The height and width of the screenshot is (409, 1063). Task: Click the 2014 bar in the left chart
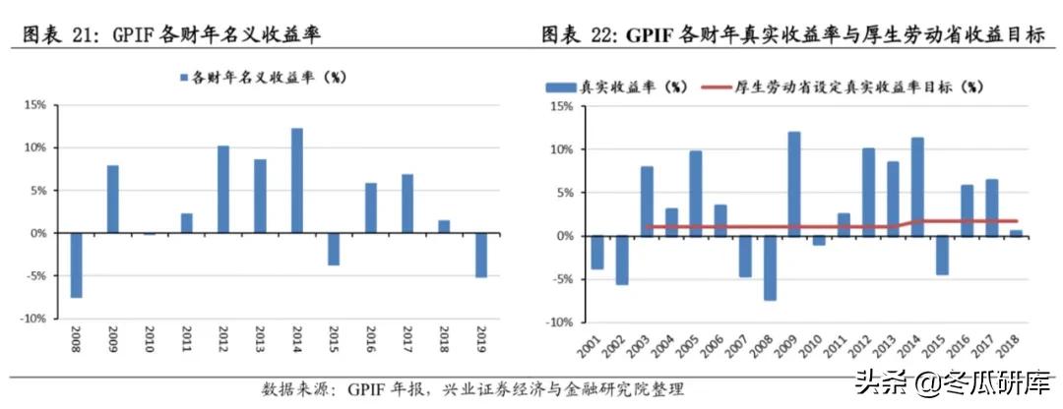tap(297, 181)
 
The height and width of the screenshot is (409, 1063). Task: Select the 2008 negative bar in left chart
tap(76, 265)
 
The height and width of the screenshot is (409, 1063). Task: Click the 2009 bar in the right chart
tap(793, 184)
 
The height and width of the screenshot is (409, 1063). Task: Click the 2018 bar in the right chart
tap(1016, 233)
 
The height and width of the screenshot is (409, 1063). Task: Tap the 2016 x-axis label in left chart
tap(371, 345)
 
